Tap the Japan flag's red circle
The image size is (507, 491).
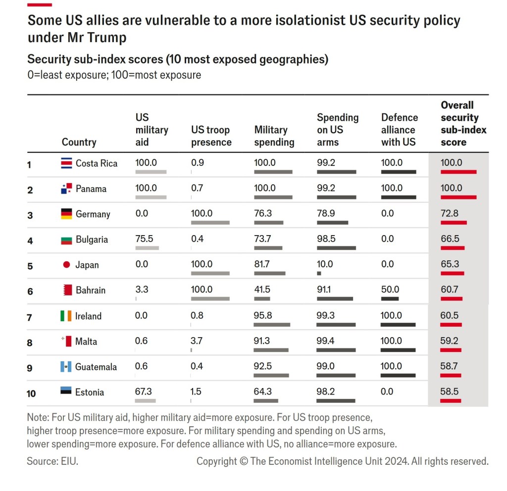click(66, 265)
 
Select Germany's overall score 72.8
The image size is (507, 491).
click(450, 213)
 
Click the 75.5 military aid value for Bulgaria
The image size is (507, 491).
click(144, 239)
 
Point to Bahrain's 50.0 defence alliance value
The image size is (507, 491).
click(390, 290)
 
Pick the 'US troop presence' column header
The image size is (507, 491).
click(211, 136)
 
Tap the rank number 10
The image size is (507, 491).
click(31, 393)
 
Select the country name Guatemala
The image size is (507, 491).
click(96, 367)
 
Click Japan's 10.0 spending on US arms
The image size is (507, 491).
click(325, 264)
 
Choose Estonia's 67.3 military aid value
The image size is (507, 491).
click(144, 392)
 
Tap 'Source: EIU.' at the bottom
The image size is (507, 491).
click(52, 461)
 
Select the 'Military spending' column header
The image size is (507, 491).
click(274, 136)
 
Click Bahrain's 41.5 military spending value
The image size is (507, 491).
click(262, 290)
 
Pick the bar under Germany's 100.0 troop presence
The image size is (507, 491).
click(210, 223)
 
